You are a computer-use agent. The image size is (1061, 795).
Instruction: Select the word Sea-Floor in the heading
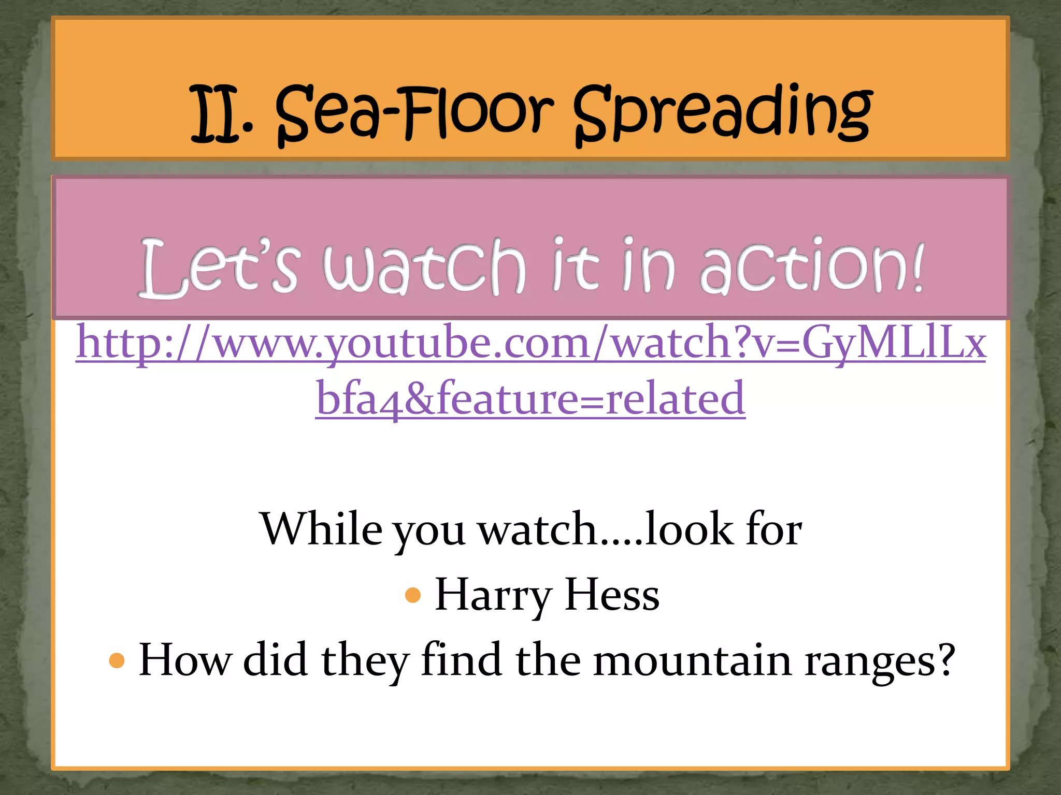(414, 115)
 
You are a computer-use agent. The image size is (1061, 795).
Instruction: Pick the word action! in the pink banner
(811, 267)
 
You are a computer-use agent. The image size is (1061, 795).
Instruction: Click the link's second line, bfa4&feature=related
(530, 399)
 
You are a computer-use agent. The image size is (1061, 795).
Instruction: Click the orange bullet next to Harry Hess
(413, 595)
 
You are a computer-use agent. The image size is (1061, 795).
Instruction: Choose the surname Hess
(612, 595)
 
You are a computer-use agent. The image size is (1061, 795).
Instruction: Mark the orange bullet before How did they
(118, 661)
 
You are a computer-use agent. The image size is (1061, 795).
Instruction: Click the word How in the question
(185, 660)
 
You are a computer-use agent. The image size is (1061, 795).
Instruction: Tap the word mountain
(692, 660)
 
